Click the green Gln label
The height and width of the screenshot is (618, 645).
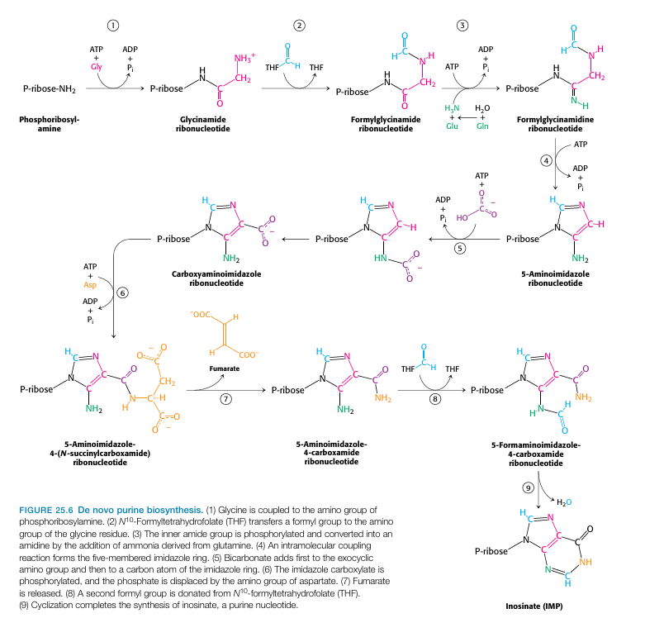pyautogui.click(x=482, y=126)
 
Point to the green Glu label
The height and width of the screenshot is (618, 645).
pyautogui.click(x=452, y=126)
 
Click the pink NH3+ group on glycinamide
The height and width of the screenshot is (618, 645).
pyautogui.click(x=245, y=58)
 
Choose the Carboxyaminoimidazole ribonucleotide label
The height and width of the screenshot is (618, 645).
pyautogui.click(x=221, y=278)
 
